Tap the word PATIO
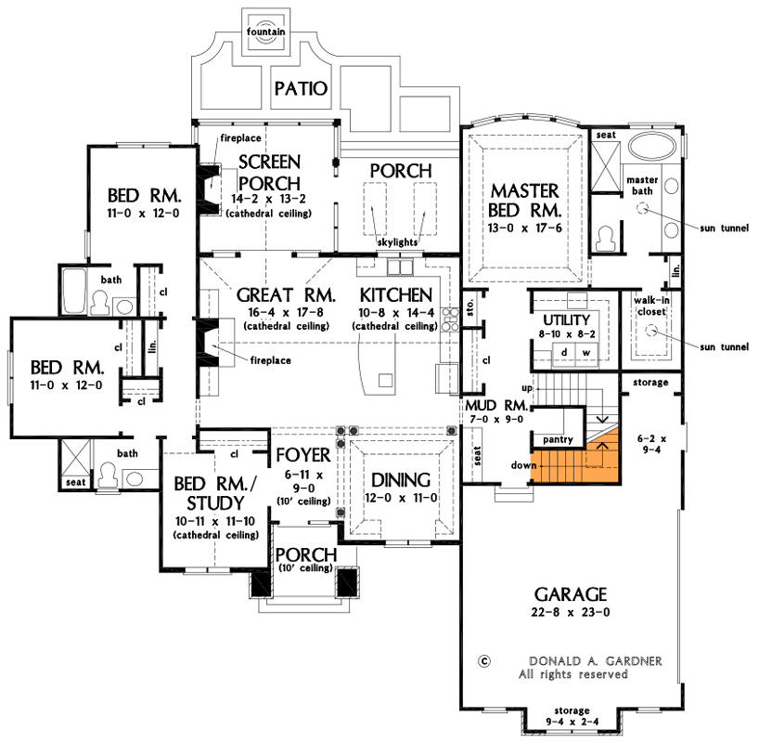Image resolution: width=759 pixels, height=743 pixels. coord(302,89)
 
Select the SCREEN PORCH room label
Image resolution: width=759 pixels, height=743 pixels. coord(269,172)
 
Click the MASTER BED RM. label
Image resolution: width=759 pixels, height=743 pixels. coord(524,201)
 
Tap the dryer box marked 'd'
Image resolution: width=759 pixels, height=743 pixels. coord(563,353)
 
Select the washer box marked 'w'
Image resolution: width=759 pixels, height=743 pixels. coord(585,353)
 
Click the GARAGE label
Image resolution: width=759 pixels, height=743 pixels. coord(570,593)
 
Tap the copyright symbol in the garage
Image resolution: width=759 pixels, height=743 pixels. coord(483,661)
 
